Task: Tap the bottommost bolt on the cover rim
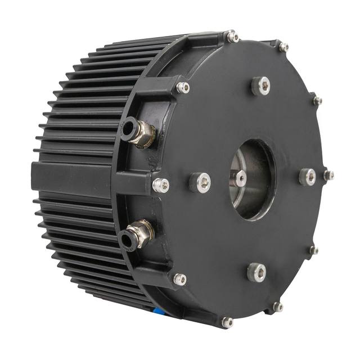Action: [227, 322]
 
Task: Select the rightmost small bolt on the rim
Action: [328, 175]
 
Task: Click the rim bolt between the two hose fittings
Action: [160, 183]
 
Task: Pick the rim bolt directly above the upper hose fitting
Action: [182, 87]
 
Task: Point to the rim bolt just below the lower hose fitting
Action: [179, 279]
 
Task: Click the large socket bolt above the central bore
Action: [260, 85]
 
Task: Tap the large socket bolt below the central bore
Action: [256, 272]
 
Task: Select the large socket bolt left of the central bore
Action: [200, 182]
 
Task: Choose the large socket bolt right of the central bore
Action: [307, 177]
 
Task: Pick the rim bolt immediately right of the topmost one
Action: [283, 47]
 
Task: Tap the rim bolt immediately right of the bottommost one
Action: [277, 307]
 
